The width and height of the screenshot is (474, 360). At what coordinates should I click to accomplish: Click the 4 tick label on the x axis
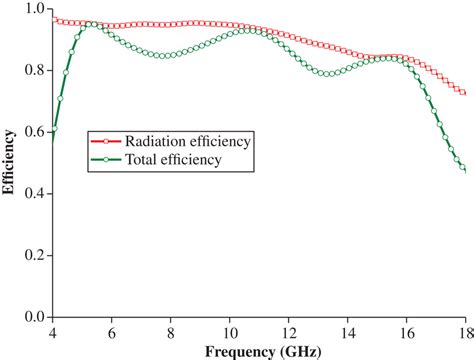click(x=52, y=331)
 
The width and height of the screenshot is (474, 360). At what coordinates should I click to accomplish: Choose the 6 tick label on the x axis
click(x=111, y=331)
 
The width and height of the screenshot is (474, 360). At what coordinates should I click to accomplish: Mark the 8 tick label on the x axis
click(x=171, y=331)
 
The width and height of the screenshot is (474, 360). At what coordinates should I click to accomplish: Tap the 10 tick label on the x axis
click(x=230, y=331)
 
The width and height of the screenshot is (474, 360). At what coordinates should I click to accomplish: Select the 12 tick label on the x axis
click(x=289, y=331)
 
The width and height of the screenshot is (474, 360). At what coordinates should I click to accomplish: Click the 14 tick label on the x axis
click(x=348, y=331)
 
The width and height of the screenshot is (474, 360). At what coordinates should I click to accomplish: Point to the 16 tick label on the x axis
click(x=407, y=331)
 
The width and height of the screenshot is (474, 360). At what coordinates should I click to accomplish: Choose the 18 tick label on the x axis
click(x=464, y=331)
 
